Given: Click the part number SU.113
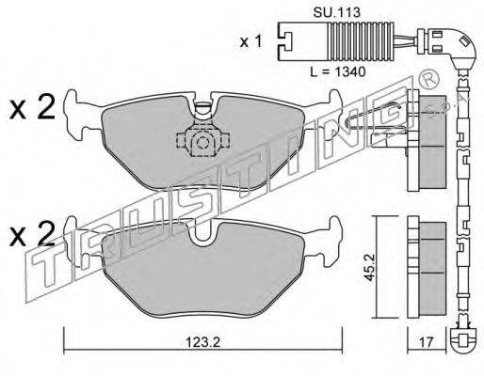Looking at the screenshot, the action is tap(336, 12).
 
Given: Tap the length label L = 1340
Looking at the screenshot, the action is tap(338, 72).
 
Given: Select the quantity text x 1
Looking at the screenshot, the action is tap(250, 41).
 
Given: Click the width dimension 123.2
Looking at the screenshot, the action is tap(202, 342).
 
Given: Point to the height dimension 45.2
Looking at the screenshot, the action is tap(369, 267).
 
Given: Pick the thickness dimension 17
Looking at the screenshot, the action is tap(427, 342).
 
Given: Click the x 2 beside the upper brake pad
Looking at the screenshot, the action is tap(32, 108).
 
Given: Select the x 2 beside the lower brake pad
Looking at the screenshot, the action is tap(32, 234).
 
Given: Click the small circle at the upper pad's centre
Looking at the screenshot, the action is tap(202, 142).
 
